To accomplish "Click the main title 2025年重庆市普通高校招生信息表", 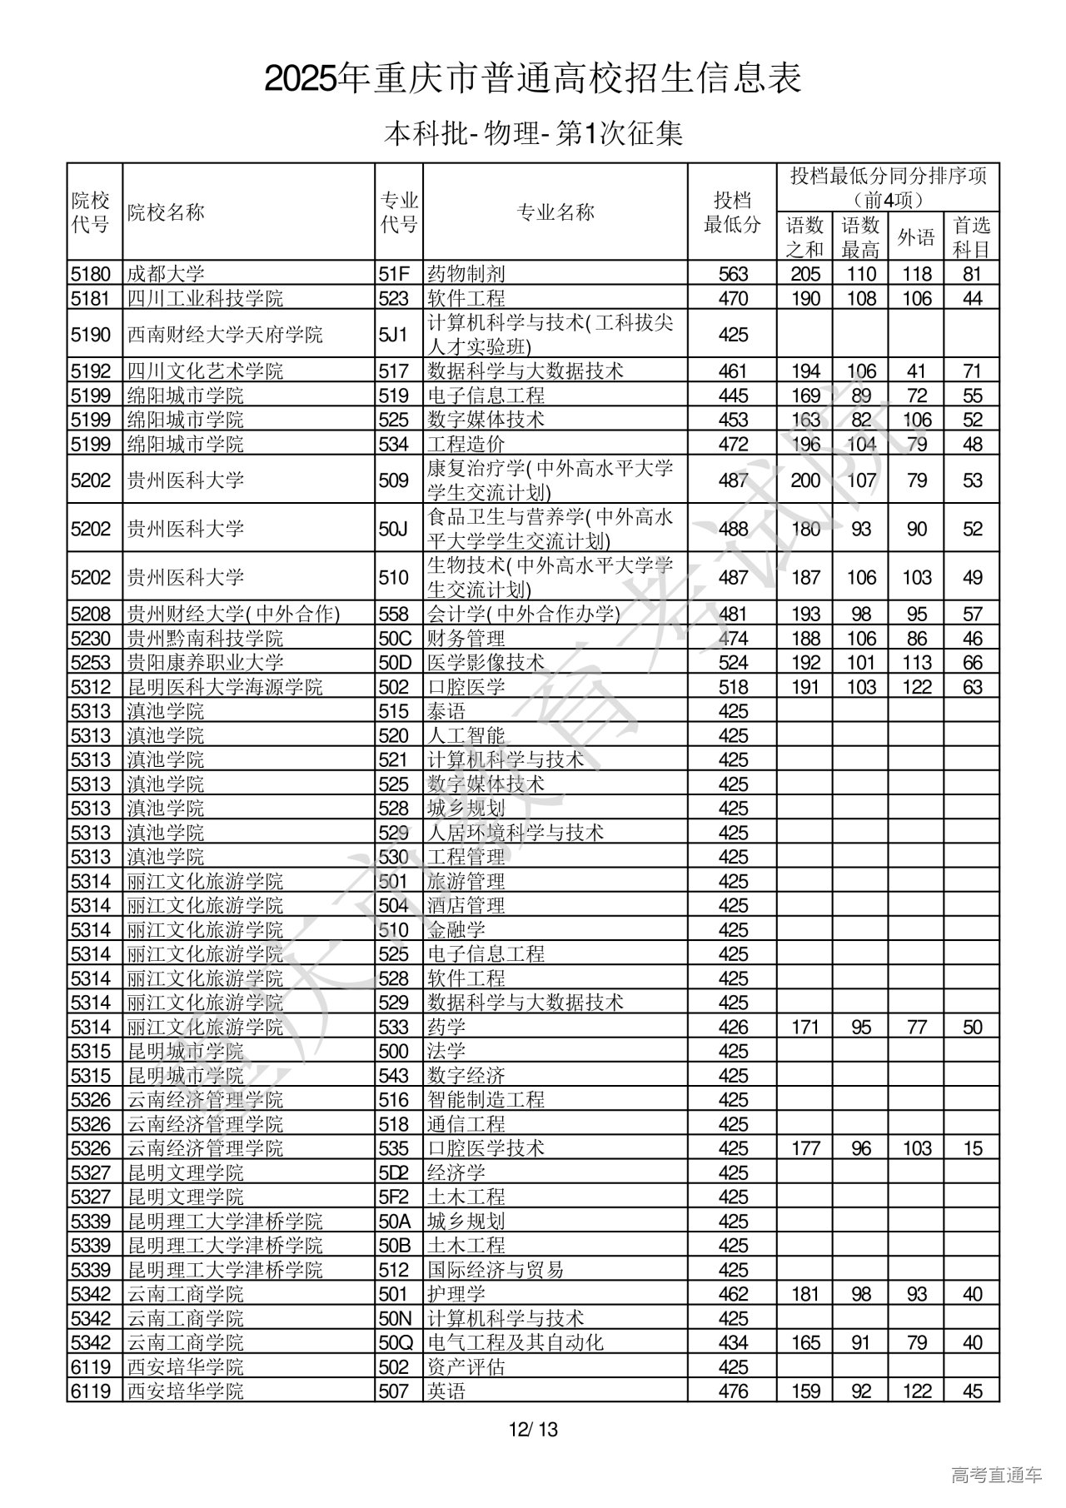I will [533, 79].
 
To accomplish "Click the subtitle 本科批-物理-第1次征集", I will [533, 134].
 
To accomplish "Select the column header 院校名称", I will [166, 212].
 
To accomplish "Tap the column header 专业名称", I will [555, 212].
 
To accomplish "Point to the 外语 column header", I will [916, 237].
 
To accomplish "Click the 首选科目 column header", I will [972, 237].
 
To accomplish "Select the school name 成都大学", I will [166, 274].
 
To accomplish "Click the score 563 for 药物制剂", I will [733, 274].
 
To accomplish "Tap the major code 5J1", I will [393, 335].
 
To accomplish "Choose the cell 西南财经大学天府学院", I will [225, 335].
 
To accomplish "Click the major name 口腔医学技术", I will [486, 1148].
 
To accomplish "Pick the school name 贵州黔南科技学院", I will [205, 639].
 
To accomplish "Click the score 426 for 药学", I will [733, 1027].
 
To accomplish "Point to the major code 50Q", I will [396, 1342].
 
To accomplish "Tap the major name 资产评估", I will [466, 1366].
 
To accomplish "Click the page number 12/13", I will [534, 1430].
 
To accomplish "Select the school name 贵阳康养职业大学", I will [205, 663].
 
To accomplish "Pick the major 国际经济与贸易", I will [496, 1270].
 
